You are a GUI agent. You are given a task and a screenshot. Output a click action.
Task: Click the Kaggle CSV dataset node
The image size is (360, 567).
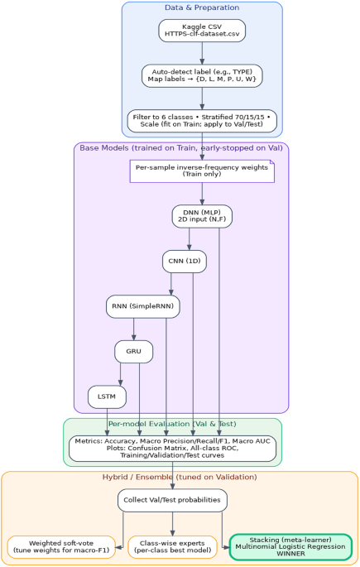pyautogui.click(x=202, y=31)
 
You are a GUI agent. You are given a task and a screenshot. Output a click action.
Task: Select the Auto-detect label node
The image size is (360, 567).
pyautogui.click(x=202, y=76)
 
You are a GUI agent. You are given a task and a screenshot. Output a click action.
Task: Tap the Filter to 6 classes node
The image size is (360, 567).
pyautogui.click(x=202, y=121)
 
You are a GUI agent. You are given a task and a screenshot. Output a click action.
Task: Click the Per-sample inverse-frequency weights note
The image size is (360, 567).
pyautogui.click(x=202, y=171)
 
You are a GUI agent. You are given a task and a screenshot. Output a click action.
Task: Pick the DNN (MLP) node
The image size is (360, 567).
pyautogui.click(x=202, y=216)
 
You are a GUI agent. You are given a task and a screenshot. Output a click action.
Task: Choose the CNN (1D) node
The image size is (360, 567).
pyautogui.click(x=184, y=262)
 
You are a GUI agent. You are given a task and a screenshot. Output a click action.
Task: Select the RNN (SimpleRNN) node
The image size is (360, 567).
pyautogui.click(x=143, y=307)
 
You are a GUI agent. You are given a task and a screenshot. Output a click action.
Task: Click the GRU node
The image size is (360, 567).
pyautogui.click(x=133, y=352)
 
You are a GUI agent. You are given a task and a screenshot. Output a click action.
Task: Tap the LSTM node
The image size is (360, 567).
pyautogui.click(x=107, y=396)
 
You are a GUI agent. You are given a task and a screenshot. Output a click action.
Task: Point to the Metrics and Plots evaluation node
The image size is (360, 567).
pyautogui.click(x=172, y=449)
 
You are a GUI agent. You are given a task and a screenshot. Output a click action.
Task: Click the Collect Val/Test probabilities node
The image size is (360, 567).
pyautogui.click(x=172, y=500)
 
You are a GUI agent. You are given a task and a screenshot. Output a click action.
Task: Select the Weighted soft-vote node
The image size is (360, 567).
pyautogui.click(x=63, y=547)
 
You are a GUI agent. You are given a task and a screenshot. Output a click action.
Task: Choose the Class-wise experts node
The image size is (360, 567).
pyautogui.click(x=172, y=547)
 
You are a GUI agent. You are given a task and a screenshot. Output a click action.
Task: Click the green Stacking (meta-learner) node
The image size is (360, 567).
pyautogui.click(x=290, y=547)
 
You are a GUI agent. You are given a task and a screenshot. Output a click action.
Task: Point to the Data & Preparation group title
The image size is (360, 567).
pyautogui.click(x=202, y=7)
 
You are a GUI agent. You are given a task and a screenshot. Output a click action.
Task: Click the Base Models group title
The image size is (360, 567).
pyautogui.click(x=181, y=147)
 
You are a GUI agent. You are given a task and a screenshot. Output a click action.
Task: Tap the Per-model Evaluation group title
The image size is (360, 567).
pyautogui.click(x=172, y=424)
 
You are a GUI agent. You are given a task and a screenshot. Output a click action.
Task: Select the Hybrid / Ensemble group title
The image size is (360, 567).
pyautogui.click(x=180, y=478)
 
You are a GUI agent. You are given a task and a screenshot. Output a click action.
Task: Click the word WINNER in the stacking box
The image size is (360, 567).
pyautogui.click(x=290, y=555)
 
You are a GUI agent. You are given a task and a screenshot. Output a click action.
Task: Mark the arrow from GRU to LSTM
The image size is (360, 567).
pyautogui.click(x=122, y=374)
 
